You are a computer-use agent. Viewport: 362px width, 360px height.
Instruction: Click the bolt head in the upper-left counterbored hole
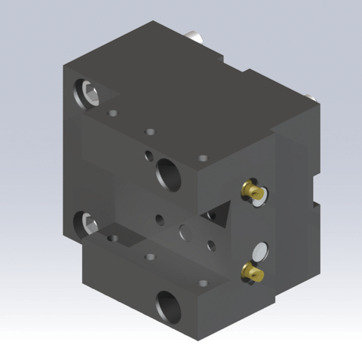click(88, 94)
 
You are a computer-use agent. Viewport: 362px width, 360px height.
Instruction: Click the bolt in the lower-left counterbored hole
click(87, 223)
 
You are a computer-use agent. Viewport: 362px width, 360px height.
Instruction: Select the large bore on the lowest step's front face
click(167, 305)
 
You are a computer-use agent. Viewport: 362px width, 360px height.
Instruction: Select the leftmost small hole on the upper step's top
click(113, 114)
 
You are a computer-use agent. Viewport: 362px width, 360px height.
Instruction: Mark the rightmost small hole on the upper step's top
click(202, 158)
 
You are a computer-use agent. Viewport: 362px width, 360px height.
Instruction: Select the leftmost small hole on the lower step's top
click(113, 239)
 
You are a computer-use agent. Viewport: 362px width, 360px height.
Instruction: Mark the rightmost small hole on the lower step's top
click(201, 283)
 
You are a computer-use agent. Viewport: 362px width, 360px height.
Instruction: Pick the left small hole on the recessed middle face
click(159, 221)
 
